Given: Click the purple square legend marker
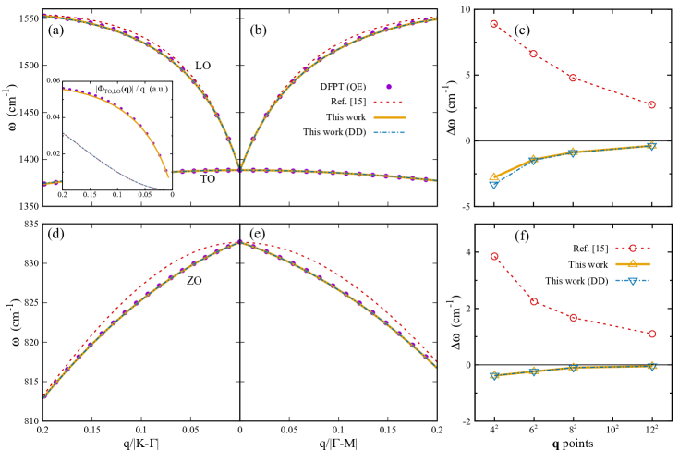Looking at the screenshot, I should [389, 87].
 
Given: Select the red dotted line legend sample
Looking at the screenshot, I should [389, 103].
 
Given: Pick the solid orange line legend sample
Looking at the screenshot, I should [389, 117].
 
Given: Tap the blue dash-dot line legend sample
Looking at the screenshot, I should [389, 132].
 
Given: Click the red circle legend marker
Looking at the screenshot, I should [633, 248].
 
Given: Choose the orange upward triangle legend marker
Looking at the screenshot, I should [633, 264].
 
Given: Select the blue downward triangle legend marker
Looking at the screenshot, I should [633, 280].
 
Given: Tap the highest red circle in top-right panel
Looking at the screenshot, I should [493, 24].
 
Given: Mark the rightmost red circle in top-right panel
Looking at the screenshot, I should [651, 104].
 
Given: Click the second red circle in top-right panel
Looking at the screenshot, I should [533, 54].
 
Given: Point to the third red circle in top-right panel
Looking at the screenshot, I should [573, 78].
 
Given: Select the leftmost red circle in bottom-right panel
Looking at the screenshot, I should [494, 256].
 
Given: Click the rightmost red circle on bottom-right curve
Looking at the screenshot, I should [652, 334].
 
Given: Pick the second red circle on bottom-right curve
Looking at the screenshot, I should [534, 301].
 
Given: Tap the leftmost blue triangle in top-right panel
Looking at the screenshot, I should [493, 185].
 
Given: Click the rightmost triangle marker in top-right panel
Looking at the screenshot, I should [651, 146].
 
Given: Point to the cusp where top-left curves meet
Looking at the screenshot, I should [240, 167].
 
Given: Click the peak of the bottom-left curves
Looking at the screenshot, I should [240, 242].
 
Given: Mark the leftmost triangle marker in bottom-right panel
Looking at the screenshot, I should [494, 375].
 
